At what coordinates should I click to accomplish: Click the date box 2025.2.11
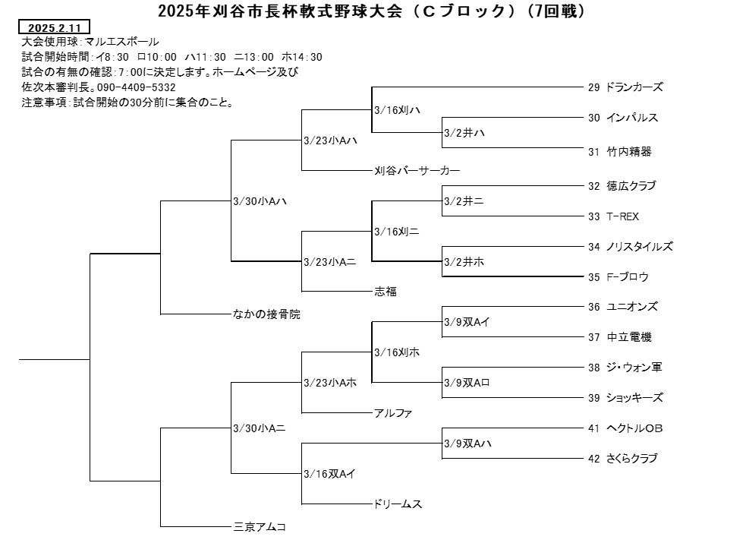54,27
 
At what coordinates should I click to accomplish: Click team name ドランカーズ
634,87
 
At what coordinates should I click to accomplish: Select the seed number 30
593,118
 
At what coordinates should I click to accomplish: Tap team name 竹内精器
629,152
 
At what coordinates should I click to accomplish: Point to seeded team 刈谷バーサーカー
417,170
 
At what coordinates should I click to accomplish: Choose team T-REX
622,216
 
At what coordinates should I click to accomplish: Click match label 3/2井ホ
464,262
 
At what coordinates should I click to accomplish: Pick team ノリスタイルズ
640,247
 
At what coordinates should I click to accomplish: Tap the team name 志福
386,292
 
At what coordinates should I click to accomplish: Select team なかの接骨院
266,314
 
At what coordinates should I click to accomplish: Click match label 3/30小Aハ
260,201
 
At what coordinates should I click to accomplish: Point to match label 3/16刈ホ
397,352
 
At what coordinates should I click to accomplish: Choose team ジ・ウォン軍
634,368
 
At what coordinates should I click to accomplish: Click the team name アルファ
393,413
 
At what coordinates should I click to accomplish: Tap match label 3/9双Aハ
467,444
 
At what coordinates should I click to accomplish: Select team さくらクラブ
632,458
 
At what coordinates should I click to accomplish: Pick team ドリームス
398,504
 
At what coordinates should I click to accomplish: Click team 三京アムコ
260,527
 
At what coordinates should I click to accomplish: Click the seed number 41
593,428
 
